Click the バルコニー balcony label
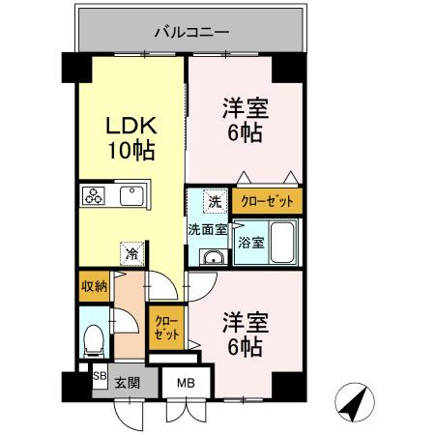[x=192, y=32]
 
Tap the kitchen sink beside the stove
[x=130, y=196]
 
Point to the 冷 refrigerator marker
[x=130, y=254]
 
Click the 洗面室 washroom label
[x=207, y=229]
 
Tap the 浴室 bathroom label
[x=250, y=243]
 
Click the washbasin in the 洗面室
[x=213, y=256]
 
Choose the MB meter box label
[x=184, y=383]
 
